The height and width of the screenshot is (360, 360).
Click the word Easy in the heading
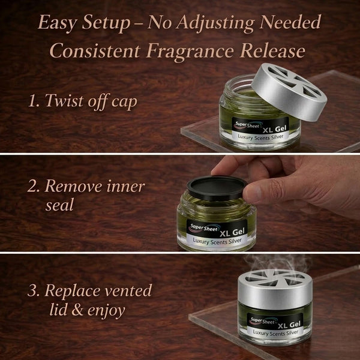click(x=58, y=23)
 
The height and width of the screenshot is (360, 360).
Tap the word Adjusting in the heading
click(x=215, y=23)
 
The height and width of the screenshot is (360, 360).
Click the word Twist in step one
click(x=64, y=100)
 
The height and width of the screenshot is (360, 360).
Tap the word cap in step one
click(x=124, y=103)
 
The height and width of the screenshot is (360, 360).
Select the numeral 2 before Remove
click(x=33, y=187)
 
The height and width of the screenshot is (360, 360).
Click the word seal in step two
click(x=59, y=205)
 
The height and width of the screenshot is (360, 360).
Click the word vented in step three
click(x=128, y=290)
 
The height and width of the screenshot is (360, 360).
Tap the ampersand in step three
click(x=77, y=310)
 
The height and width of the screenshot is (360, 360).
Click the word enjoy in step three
click(x=106, y=311)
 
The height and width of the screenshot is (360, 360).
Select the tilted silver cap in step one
click(x=289, y=92)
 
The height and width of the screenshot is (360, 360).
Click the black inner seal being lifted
click(x=217, y=188)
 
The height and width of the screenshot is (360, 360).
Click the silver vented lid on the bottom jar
click(x=275, y=289)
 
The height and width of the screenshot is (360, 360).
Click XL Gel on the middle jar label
click(x=232, y=232)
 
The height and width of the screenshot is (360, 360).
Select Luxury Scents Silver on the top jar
click(x=260, y=137)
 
